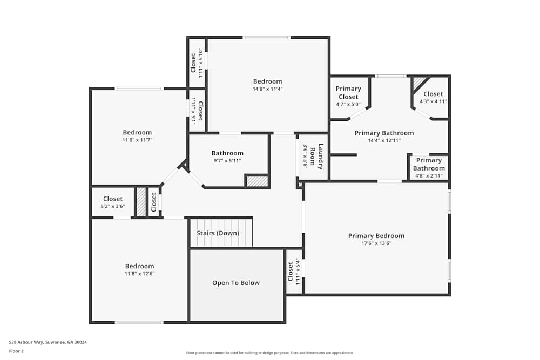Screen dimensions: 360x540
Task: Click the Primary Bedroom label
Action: (376, 236)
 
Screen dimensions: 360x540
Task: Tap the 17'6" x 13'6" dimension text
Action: (376, 243)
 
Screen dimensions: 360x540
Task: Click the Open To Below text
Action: (235, 283)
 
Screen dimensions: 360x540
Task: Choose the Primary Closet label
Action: (348, 93)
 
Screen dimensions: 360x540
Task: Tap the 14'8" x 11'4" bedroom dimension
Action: (267, 89)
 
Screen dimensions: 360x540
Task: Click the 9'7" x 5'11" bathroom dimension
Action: (227, 161)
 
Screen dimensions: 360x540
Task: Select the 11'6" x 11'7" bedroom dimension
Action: (137, 140)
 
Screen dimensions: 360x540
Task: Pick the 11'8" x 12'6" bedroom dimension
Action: (139, 274)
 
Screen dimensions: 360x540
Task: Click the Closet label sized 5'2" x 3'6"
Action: (113, 199)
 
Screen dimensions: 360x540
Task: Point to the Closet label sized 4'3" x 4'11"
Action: (433, 94)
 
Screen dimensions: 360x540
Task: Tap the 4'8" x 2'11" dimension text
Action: (429, 176)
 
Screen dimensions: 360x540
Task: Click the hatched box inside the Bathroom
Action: (257, 181)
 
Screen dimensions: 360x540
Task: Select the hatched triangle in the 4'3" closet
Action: (418, 82)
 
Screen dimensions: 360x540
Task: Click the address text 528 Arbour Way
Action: (48, 342)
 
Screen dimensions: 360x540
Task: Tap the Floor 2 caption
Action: (16, 351)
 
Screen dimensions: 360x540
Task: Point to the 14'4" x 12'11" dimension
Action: (384, 140)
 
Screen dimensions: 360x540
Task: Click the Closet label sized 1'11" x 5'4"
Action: (291, 271)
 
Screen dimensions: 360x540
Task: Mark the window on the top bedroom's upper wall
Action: (266, 37)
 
